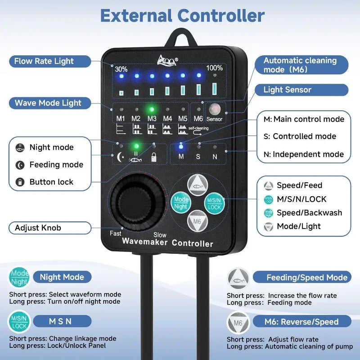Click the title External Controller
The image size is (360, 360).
pyautogui.click(x=182, y=15)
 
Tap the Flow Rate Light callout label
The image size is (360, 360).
pyautogui.click(x=44, y=61)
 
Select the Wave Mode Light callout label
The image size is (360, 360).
pyautogui.click(x=48, y=103)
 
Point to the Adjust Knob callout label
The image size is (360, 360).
pyautogui.click(x=38, y=228)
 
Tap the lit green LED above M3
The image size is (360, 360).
pyautogui.click(x=152, y=109)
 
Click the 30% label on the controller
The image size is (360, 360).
pyautogui.click(x=121, y=69)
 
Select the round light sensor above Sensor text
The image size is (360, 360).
pyautogui.click(x=214, y=109)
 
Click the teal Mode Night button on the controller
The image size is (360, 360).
pyautogui.click(x=181, y=202)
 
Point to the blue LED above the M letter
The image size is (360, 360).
pyautogui.click(x=181, y=146)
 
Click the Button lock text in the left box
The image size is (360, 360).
pyautogui.click(x=51, y=182)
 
